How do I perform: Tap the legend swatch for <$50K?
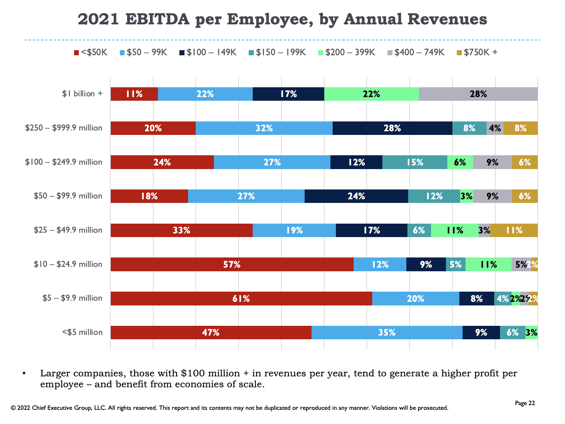coord(76,53)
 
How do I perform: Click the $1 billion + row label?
coord(82,94)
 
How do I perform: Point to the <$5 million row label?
coord(82,332)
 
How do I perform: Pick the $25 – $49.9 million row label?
coord(68,230)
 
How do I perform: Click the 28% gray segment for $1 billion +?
coord(478,94)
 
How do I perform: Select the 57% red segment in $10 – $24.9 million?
coord(232,264)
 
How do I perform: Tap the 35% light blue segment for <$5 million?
coord(387,332)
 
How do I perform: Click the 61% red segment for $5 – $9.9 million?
coord(241,299)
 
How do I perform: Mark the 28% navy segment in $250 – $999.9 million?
coord(392,128)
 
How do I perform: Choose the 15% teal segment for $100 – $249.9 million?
coord(415,162)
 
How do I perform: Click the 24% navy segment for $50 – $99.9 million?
coord(356,196)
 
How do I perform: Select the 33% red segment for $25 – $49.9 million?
coord(182,230)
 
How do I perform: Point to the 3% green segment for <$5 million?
coord(532,332)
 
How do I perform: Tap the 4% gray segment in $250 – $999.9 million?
coord(495,128)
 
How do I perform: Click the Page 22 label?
coord(525,403)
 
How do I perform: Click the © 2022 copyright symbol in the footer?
coord(13,408)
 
